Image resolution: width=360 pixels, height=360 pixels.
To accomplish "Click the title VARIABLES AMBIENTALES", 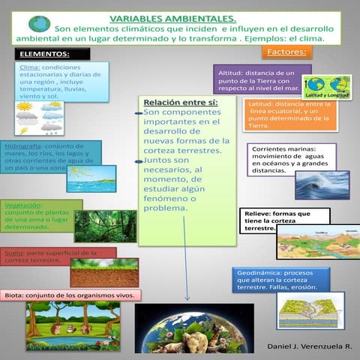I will [172, 17].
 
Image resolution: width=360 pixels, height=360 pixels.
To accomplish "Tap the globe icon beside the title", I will [39, 25].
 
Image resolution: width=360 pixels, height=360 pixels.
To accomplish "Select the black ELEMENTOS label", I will [52, 54].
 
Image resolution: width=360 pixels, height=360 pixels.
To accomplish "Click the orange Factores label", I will [286, 52].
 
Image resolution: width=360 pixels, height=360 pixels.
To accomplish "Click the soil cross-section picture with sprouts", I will [115, 272].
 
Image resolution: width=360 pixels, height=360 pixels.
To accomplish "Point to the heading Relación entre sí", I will [181, 102].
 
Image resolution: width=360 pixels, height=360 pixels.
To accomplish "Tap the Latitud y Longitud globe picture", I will [327, 88].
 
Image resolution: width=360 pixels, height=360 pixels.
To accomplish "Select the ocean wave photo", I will [321, 184].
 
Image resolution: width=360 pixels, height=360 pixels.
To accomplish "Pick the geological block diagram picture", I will [310, 310].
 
